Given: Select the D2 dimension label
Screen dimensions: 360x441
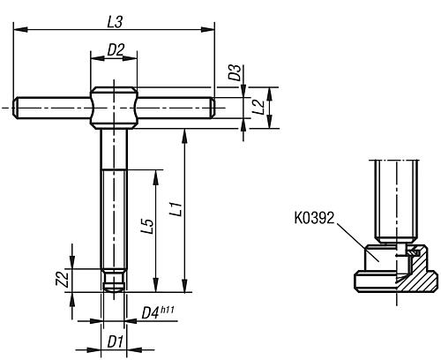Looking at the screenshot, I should click(x=113, y=50).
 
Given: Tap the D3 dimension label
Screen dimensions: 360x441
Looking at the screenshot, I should click(x=234, y=72).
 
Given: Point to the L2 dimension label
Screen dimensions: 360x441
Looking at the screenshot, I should click(x=258, y=107).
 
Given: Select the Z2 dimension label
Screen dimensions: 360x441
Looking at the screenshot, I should click(x=62, y=279).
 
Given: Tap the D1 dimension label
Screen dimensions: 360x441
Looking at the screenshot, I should click(x=113, y=341).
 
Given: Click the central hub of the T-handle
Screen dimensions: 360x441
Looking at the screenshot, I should click(x=115, y=107).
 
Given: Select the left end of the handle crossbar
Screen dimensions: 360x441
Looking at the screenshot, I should click(x=19, y=107).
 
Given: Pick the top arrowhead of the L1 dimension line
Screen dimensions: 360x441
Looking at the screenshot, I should click(x=184, y=132).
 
